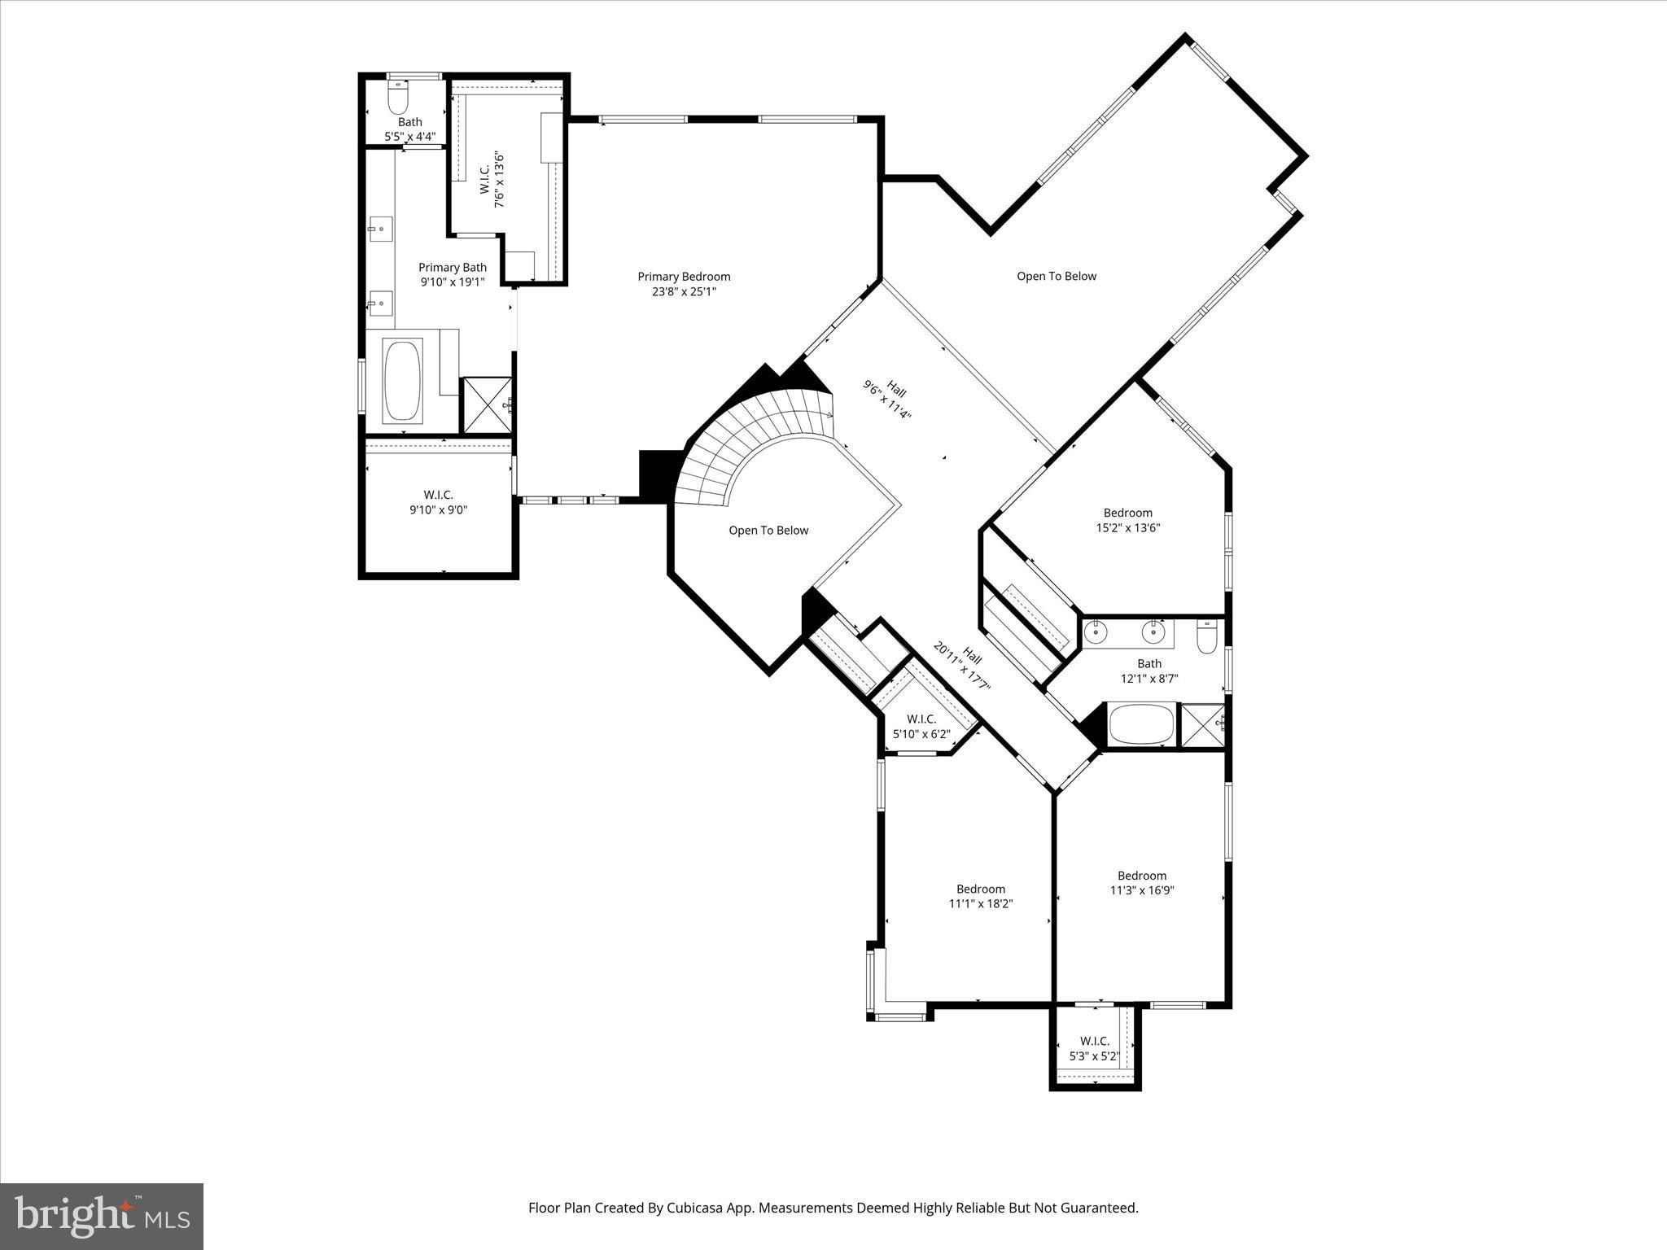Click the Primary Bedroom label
point(684,284)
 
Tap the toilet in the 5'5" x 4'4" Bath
point(397,100)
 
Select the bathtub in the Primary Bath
point(403,381)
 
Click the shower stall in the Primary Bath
point(487,404)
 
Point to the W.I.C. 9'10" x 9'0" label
point(438,502)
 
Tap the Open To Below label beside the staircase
point(768,531)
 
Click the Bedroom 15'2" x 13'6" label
point(1127,520)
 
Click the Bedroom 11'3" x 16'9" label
point(1141,883)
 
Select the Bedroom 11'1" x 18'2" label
point(980,896)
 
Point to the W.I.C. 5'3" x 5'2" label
point(1094,1049)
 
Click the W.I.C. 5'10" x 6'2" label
point(921,727)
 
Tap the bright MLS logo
point(102,1217)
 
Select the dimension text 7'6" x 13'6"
point(500,179)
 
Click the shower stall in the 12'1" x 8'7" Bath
point(1202,724)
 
